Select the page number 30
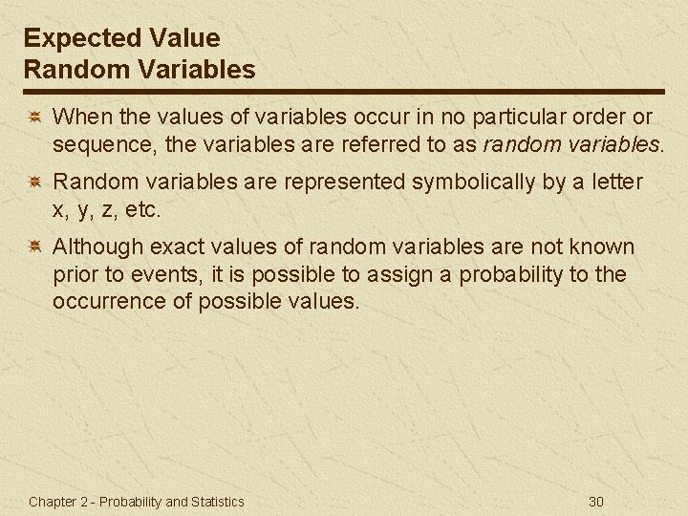(x=597, y=502)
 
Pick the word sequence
(x=97, y=145)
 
